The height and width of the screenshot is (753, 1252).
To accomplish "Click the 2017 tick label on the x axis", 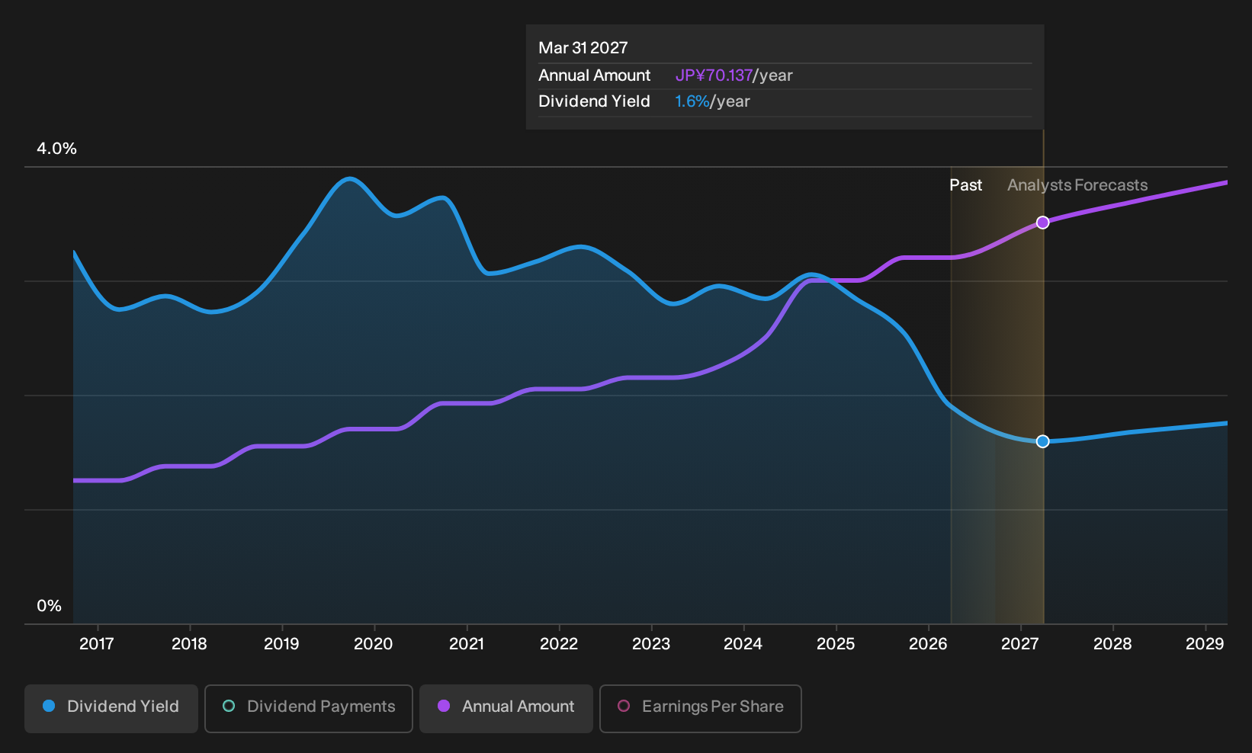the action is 97,644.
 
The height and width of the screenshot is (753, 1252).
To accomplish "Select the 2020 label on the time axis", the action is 374,644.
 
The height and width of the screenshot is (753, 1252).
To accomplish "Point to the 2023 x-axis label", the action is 650,644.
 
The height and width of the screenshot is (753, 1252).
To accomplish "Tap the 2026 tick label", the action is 928,644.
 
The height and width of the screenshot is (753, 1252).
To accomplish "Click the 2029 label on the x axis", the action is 1205,644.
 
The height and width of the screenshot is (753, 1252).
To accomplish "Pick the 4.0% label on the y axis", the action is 56,149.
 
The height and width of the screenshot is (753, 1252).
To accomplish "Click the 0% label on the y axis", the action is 50,606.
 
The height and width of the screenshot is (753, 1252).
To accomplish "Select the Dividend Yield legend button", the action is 111,708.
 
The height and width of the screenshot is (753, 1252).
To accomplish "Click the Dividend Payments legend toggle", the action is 309,708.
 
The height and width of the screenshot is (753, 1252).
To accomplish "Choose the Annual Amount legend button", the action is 506,708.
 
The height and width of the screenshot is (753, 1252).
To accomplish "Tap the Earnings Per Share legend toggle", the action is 700,708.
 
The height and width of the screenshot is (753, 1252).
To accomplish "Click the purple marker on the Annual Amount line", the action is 1042,223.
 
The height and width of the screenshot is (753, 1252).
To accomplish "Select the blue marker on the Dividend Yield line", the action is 1042,441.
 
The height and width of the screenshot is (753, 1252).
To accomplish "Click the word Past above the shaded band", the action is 965,185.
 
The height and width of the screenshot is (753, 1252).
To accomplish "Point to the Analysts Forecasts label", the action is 1077,185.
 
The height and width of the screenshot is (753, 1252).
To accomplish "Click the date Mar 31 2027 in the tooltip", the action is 583,48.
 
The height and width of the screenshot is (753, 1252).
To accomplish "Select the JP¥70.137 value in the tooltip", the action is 714,75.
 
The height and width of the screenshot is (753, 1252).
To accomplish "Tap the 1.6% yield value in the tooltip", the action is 692,101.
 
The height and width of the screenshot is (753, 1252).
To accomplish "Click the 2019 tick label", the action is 281,644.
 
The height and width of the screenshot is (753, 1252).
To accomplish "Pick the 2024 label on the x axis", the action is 743,644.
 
